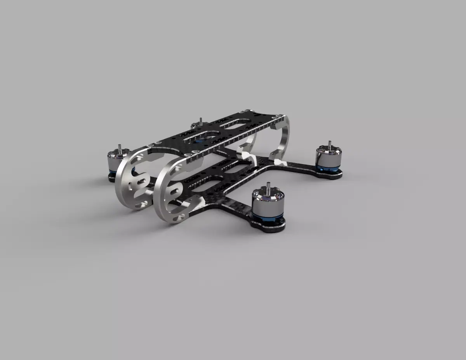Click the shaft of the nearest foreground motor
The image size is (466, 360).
[268, 188]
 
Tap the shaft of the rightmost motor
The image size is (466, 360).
[330, 144]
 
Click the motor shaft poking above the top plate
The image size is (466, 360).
[200, 121]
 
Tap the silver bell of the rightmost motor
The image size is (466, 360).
[328, 157]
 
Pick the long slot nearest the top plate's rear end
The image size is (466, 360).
[235, 124]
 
